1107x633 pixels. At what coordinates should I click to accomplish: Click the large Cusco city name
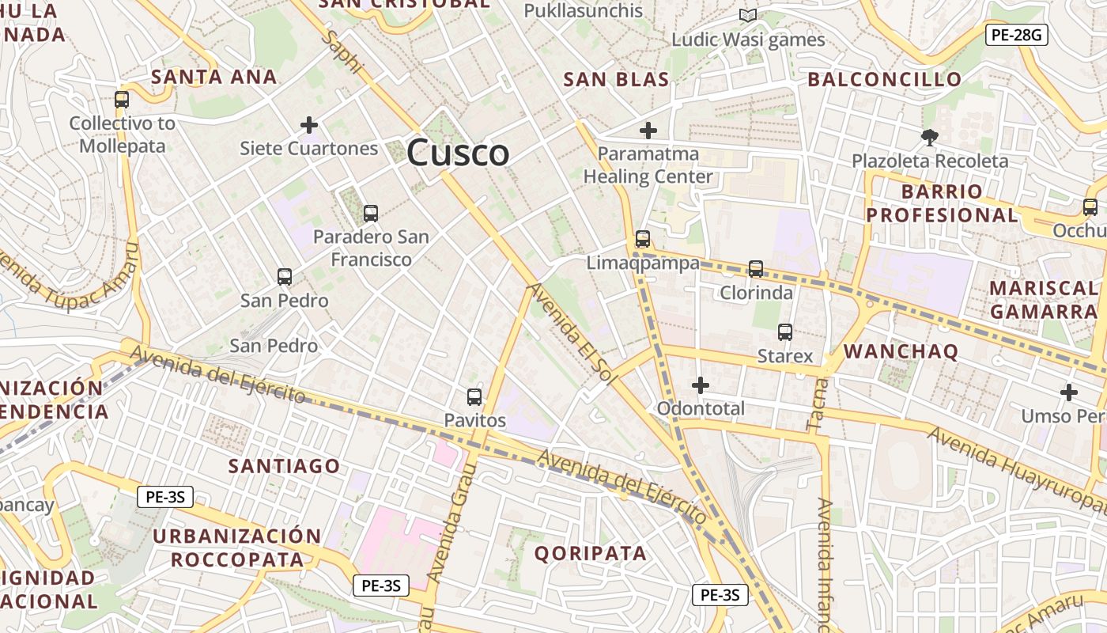(x=458, y=153)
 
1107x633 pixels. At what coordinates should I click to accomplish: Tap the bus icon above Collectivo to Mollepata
(x=121, y=100)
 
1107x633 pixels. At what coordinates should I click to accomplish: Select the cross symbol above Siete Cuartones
(x=309, y=125)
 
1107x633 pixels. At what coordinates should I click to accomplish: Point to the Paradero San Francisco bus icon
(x=370, y=213)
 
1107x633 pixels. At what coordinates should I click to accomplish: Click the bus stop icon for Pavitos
(x=474, y=397)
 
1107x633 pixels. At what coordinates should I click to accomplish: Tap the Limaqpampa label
(x=643, y=263)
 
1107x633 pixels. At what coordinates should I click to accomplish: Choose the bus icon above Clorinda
(x=756, y=269)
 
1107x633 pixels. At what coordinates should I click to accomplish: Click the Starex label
(x=785, y=356)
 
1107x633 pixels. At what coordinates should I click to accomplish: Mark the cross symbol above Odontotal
(x=700, y=385)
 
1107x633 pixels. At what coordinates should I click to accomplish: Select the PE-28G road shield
(x=1016, y=34)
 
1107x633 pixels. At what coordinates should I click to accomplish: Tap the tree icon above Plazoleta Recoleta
(x=930, y=138)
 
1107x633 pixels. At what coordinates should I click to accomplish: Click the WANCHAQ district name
(x=901, y=351)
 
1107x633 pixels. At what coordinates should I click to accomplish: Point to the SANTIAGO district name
(x=285, y=466)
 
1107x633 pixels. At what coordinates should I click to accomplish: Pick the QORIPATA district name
(x=591, y=553)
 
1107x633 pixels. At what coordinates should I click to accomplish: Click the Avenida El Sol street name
(x=572, y=334)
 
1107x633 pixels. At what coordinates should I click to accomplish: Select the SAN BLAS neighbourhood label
(x=616, y=79)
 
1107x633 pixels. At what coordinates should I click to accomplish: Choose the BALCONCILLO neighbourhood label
(x=884, y=79)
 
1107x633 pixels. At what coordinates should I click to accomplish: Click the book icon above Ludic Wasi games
(x=747, y=15)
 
